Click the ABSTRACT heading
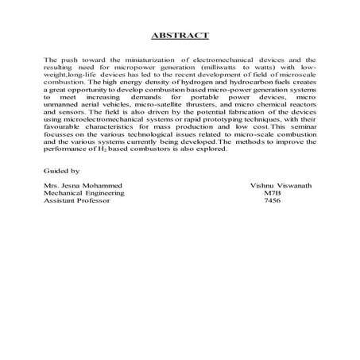[x=180, y=35]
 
